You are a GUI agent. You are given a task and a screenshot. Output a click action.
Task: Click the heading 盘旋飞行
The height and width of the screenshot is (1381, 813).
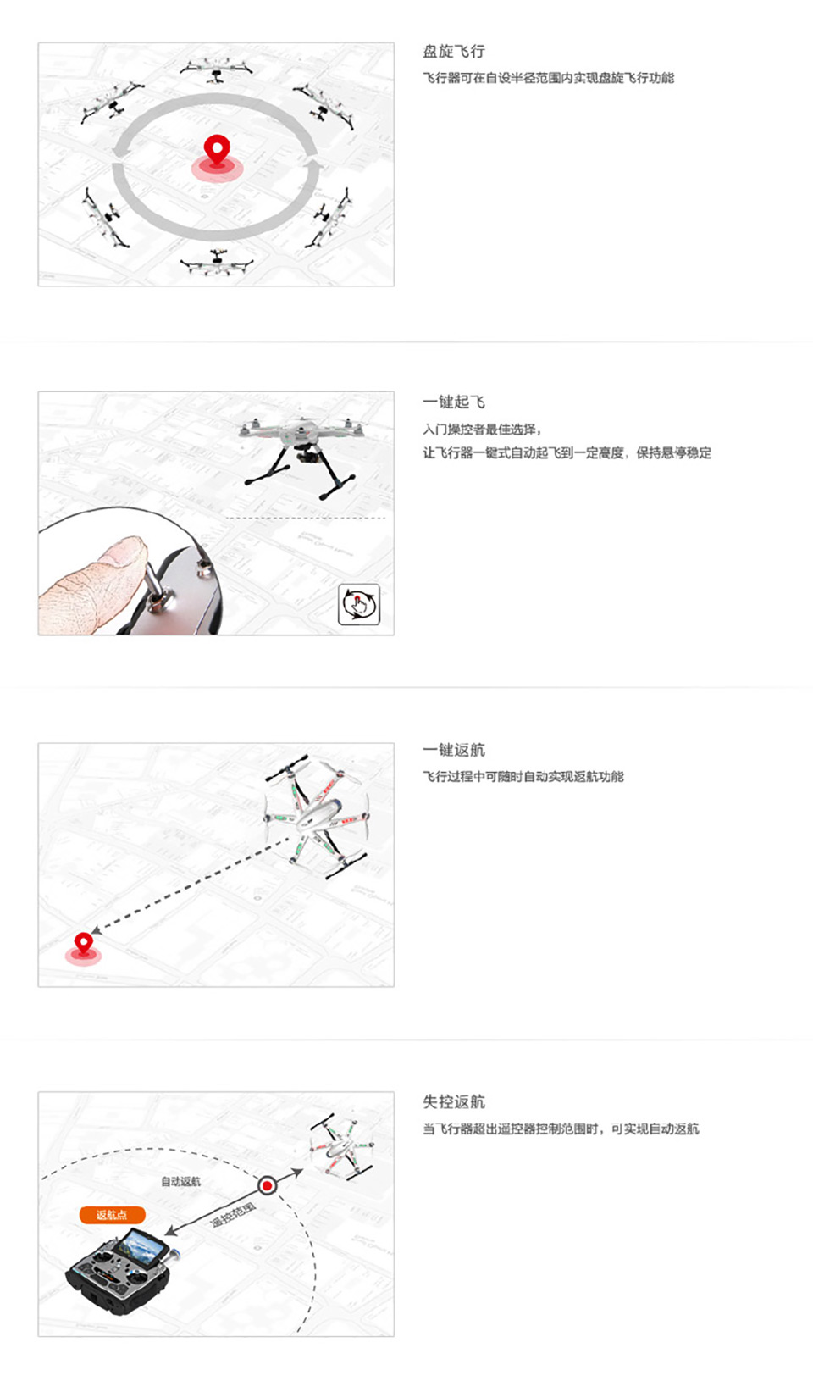[454, 52]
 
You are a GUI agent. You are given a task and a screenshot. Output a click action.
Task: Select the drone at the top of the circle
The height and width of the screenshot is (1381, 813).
[217, 69]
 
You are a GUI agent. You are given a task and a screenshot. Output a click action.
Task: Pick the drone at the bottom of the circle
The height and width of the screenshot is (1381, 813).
[217, 262]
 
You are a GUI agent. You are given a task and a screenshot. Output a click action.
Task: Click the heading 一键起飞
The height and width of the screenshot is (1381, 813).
[454, 402]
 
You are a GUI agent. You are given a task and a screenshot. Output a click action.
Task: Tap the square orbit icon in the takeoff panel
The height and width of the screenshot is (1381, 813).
[358, 604]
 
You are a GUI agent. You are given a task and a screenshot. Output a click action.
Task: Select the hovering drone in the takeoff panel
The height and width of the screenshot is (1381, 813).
[301, 445]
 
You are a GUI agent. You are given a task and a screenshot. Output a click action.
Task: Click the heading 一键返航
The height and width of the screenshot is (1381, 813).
[454, 750]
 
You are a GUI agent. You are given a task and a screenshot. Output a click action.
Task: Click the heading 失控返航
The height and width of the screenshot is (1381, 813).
[454, 1101]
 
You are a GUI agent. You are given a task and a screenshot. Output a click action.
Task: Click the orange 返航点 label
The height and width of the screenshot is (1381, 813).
[112, 1215]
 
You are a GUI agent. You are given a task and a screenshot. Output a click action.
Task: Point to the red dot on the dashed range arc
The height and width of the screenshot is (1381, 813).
[267, 1185]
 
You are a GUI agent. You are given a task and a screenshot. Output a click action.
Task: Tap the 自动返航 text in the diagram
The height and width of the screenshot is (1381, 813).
[180, 1182]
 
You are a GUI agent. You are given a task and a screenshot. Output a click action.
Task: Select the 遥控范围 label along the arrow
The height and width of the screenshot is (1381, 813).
[233, 1214]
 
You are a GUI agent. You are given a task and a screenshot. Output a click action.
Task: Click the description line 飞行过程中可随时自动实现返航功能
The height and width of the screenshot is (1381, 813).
[523, 777]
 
